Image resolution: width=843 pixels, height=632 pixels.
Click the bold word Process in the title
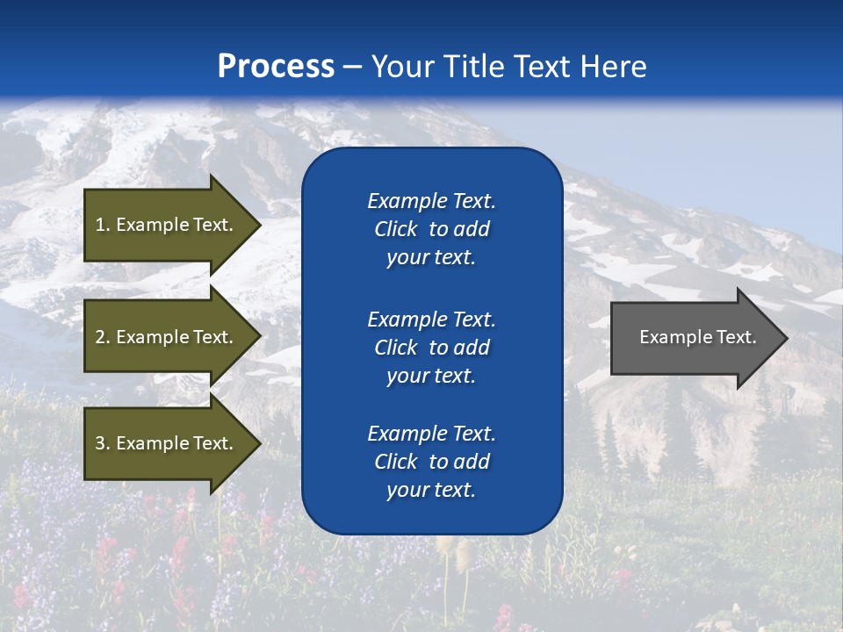point(276,67)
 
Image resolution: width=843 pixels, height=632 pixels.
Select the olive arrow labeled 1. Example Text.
point(167,225)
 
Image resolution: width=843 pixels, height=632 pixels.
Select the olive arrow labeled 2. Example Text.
point(167,337)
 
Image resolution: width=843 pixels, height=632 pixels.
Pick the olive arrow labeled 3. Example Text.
point(167,443)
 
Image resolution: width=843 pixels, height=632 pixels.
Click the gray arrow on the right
point(694,338)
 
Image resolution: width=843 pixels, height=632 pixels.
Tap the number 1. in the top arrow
point(102,225)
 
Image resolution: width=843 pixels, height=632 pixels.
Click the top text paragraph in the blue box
point(431,229)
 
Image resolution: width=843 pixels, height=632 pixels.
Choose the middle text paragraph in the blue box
point(431,348)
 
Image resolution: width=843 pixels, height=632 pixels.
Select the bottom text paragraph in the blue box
point(431,462)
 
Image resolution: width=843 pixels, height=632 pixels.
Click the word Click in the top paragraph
point(396,229)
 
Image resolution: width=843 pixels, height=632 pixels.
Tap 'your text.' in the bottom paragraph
point(431,490)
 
